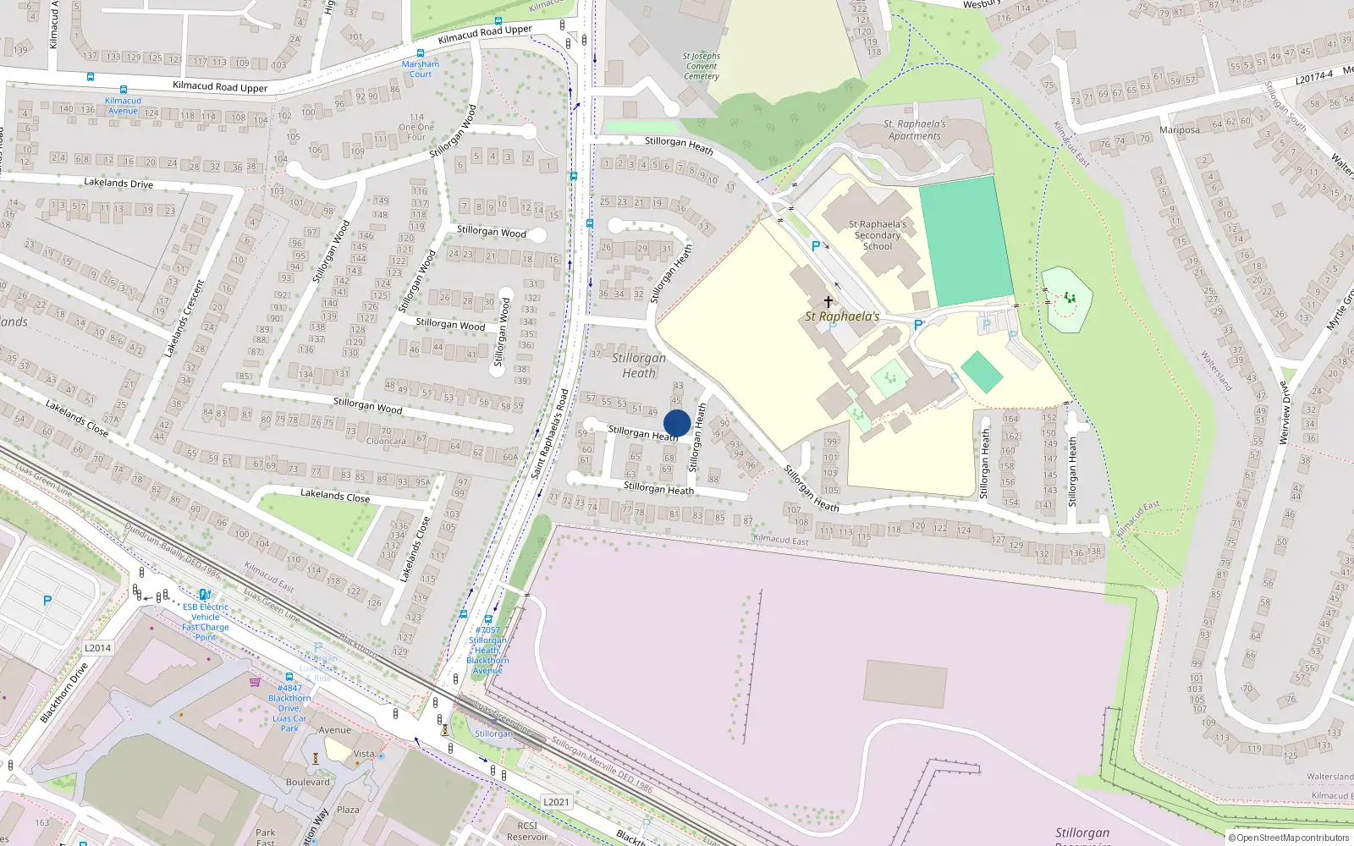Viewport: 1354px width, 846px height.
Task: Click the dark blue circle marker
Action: (x=677, y=423)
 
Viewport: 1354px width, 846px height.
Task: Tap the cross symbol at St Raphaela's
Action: (x=828, y=301)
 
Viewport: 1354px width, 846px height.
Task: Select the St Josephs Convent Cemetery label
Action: (x=702, y=66)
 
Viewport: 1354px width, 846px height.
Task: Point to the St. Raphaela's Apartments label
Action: (x=915, y=129)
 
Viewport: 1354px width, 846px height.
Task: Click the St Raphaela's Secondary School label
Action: (x=878, y=235)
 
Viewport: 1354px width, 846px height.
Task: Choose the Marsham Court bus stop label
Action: (x=421, y=69)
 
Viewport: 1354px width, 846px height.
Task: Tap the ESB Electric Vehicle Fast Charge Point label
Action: (x=206, y=622)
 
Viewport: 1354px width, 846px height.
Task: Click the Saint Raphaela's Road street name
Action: (x=550, y=433)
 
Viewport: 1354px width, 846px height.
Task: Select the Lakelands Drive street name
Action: (x=118, y=183)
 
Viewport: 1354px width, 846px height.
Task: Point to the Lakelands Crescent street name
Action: (x=184, y=318)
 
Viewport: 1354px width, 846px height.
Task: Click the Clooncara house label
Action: (x=386, y=441)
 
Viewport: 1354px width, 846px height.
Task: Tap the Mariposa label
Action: (x=1180, y=129)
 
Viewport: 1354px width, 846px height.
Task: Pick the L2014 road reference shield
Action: (x=97, y=648)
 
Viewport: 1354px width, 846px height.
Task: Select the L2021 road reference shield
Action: (x=556, y=802)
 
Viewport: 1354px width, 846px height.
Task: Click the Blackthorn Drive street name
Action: (x=64, y=692)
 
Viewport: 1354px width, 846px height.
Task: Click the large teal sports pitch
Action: (x=966, y=241)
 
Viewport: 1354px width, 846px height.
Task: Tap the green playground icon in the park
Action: (x=1071, y=297)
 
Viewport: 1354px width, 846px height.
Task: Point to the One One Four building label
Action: (x=416, y=127)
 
